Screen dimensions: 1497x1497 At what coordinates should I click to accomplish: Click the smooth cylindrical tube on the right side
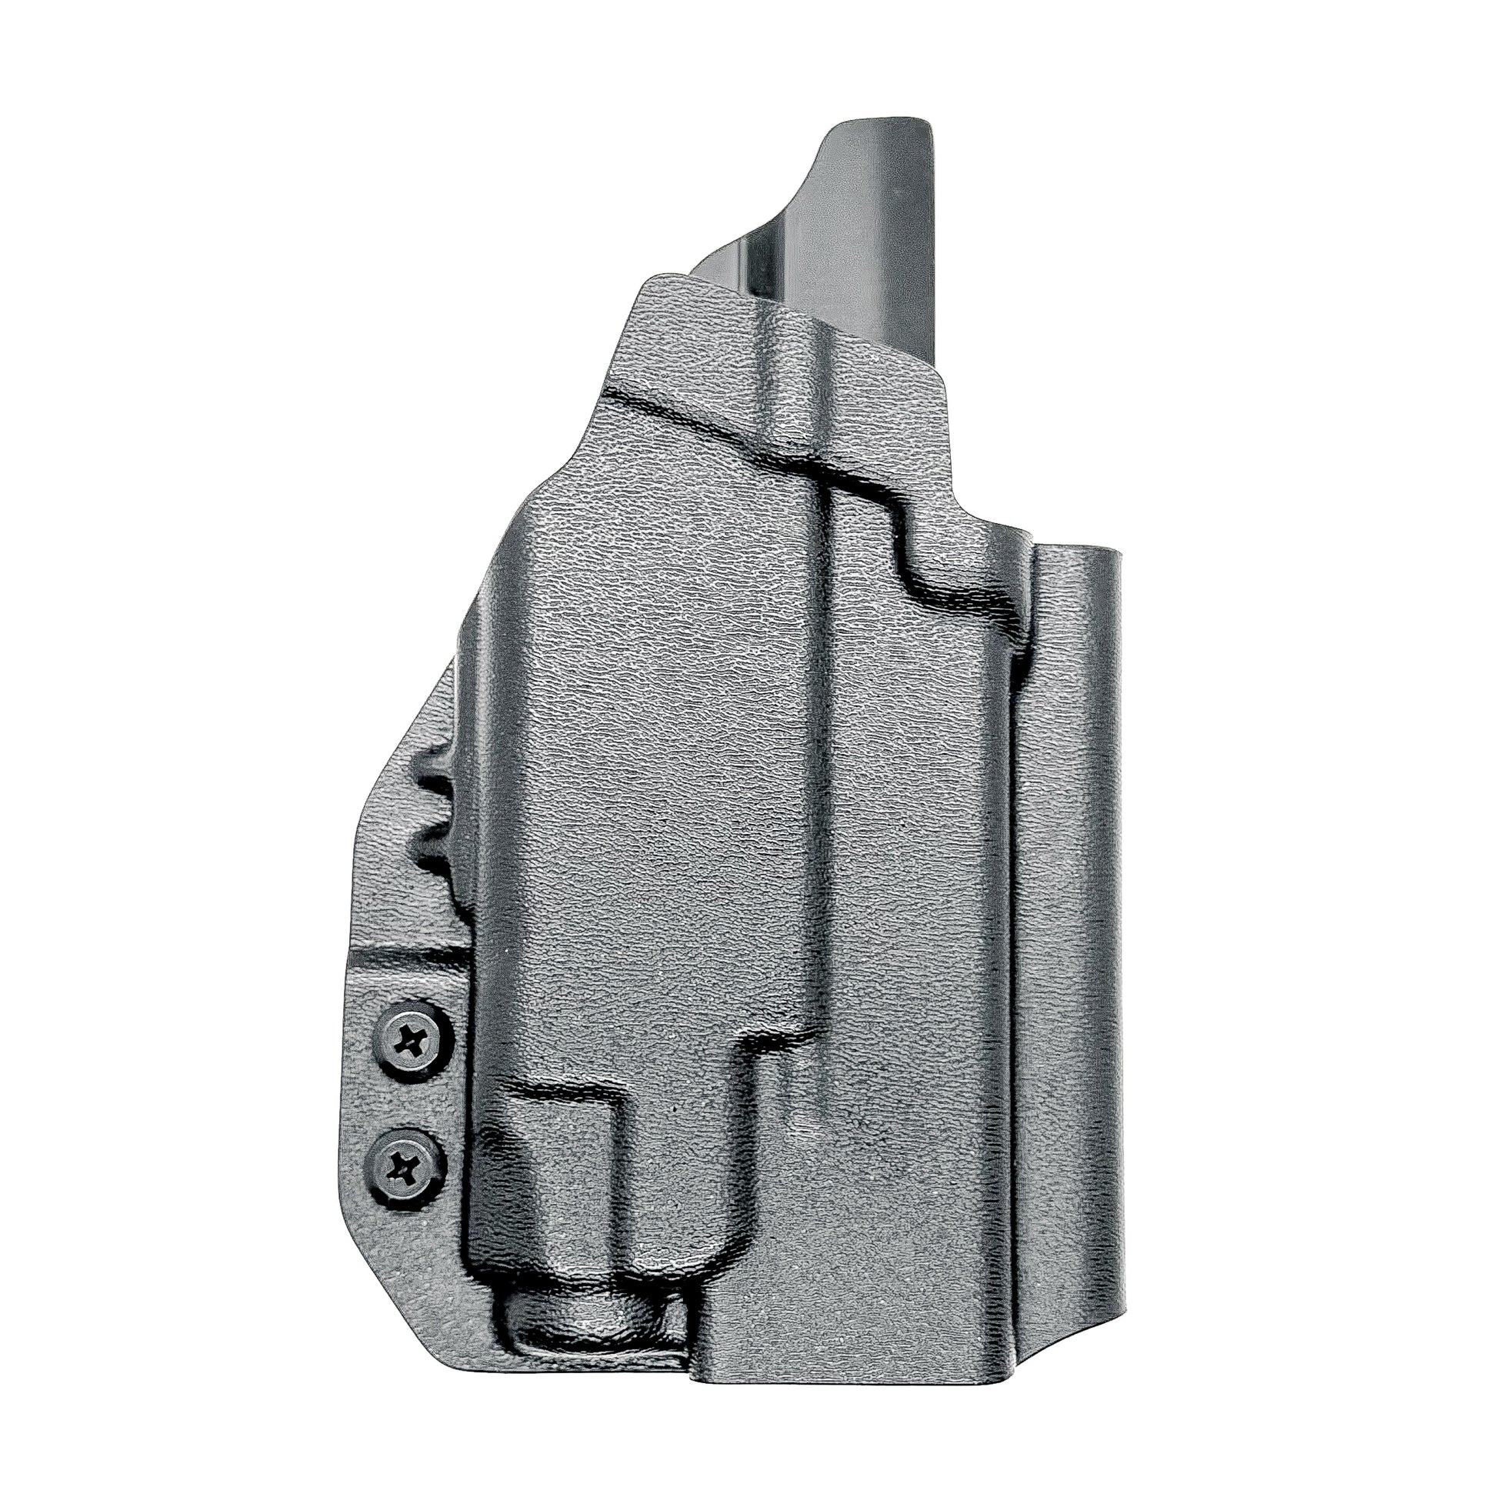pos(1077,930)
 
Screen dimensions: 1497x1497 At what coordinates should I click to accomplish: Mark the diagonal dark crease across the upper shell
pos(721,422)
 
